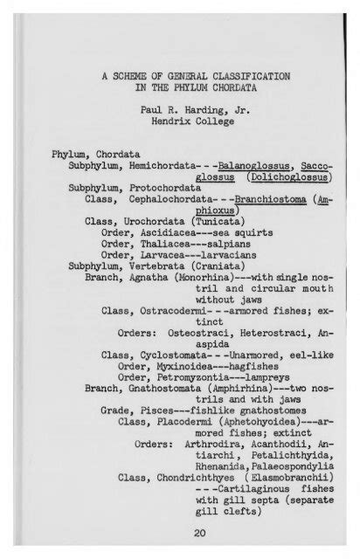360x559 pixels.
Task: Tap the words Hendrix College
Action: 180,125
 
